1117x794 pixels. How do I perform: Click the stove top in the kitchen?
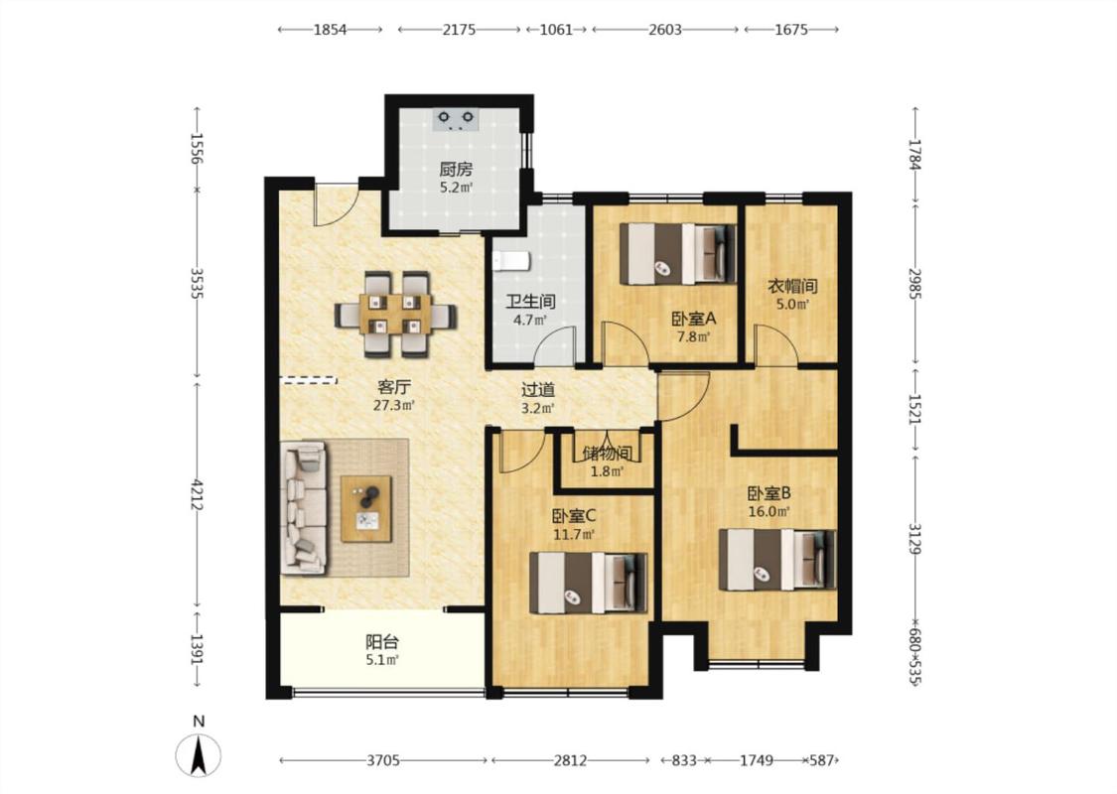point(456,120)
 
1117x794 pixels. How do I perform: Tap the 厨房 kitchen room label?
point(456,170)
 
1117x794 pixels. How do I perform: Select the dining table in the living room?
point(395,314)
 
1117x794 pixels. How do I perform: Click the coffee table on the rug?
point(366,508)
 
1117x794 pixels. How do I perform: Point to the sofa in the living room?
point(305,508)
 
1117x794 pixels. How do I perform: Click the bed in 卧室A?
point(678,253)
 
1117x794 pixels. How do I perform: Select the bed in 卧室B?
point(777,559)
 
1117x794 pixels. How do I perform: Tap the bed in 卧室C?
point(589,584)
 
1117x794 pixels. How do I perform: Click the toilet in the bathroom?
point(511,261)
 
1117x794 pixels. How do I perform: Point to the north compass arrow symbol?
point(198,755)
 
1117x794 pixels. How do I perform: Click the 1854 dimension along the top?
point(330,29)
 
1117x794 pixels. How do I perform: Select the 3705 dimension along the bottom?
point(383,760)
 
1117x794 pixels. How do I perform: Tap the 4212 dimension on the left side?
point(198,495)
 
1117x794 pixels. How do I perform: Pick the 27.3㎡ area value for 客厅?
point(394,406)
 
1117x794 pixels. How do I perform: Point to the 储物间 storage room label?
point(607,454)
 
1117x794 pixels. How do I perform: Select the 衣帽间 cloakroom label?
point(792,286)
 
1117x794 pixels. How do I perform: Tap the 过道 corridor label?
point(538,390)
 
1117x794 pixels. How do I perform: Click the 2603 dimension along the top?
point(665,29)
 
